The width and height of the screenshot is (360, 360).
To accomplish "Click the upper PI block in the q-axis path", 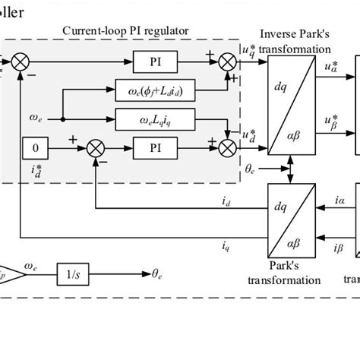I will tap(155, 58).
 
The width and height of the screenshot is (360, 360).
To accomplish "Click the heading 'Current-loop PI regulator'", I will tap(126, 31).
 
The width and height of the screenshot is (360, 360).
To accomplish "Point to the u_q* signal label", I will tap(248, 49).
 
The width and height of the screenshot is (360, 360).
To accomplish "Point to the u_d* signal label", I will tap(248, 134).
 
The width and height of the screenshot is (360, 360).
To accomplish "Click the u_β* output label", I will tap(331, 122).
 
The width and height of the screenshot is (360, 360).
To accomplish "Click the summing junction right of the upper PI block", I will tap(226, 58).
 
